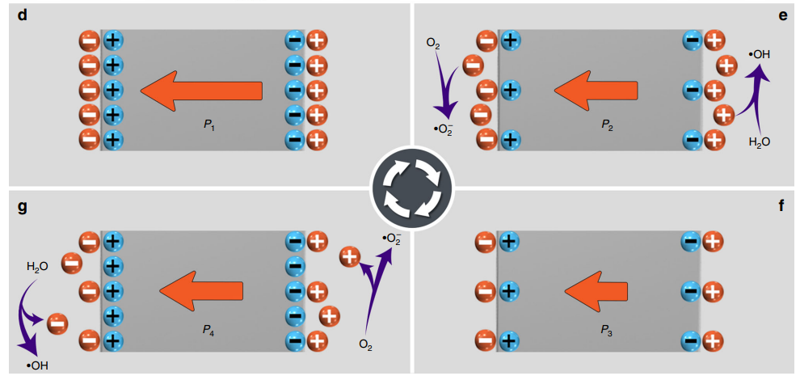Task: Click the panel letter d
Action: pyautogui.click(x=22, y=15)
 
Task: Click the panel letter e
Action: pyautogui.click(x=781, y=15)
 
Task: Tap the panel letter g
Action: pyautogui.click(x=22, y=207)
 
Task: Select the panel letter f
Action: pyautogui.click(x=781, y=207)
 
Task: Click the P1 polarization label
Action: pyautogui.click(x=208, y=125)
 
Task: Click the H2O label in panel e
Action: pyautogui.click(x=760, y=142)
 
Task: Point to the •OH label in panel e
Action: pyautogui.click(x=760, y=54)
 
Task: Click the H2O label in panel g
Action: pyautogui.click(x=37, y=265)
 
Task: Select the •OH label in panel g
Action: pyautogui.click(x=37, y=365)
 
